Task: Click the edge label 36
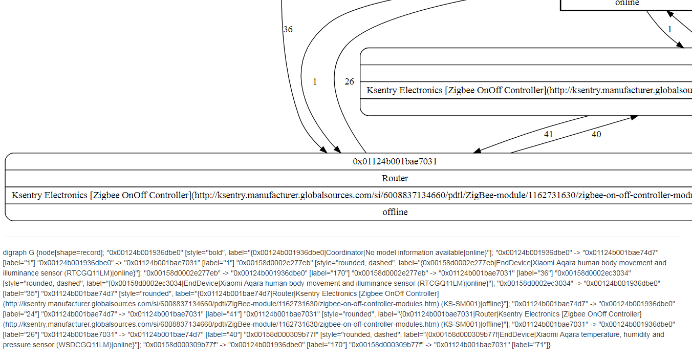pyautogui.click(x=288, y=30)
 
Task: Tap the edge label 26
pyautogui.click(x=349, y=82)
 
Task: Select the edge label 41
pyautogui.click(x=549, y=135)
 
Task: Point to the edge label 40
pyautogui.click(x=596, y=135)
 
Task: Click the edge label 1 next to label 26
pyautogui.click(x=314, y=82)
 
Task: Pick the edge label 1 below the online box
pyautogui.click(x=669, y=30)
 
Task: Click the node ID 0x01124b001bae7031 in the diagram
pyautogui.click(x=395, y=162)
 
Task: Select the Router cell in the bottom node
pyautogui.click(x=395, y=179)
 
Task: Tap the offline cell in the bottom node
pyautogui.click(x=395, y=212)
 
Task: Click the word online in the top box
pyautogui.click(x=627, y=3)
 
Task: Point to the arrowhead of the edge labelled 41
pyautogui.click(x=477, y=151)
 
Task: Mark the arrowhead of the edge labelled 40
pyautogui.click(x=634, y=117)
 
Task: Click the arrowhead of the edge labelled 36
pyautogui.click(x=323, y=150)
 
